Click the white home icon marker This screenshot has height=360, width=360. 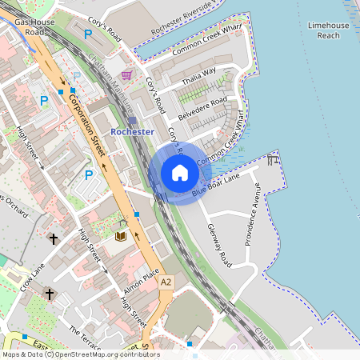(180, 172)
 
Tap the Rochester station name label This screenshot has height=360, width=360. (132, 130)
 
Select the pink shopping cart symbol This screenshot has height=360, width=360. (126, 75)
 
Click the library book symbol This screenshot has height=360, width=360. (121, 237)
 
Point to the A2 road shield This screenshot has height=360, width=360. (166, 282)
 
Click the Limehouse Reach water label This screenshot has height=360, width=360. (328, 30)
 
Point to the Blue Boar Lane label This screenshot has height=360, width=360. (215, 186)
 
